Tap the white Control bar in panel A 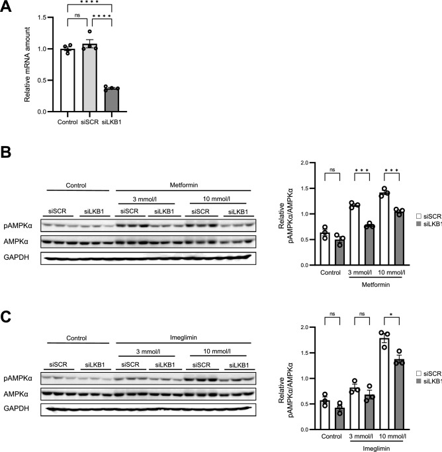pyautogui.click(x=66, y=81)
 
